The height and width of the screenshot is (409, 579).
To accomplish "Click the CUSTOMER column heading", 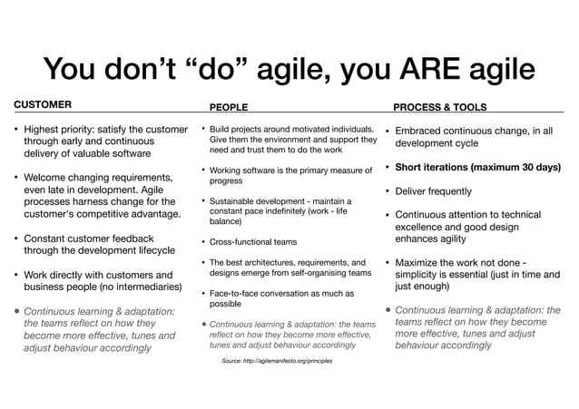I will pos(42,104).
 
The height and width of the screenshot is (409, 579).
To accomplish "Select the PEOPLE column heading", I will pos(229,107).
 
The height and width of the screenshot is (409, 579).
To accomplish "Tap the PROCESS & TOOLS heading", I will pos(440,107).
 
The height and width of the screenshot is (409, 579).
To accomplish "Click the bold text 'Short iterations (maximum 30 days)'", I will pos(478,167).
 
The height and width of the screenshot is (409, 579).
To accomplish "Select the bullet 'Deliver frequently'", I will pos(434,191).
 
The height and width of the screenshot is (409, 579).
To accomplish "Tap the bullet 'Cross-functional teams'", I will pos(253,242).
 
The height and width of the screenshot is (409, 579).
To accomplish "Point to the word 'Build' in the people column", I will pos(221,129).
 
